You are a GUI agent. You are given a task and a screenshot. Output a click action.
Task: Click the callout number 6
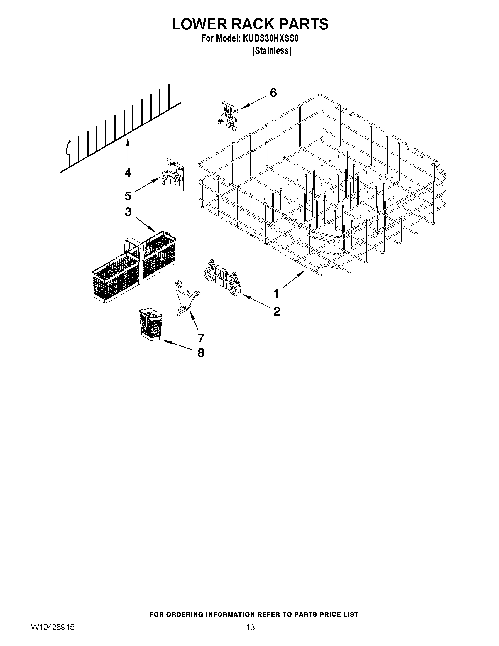(273, 93)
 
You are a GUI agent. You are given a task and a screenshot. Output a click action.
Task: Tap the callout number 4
(128, 173)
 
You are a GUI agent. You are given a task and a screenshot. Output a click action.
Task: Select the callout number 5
(128, 196)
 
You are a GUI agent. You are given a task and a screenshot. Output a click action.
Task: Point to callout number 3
(128, 212)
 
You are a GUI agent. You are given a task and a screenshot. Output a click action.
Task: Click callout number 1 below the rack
(276, 294)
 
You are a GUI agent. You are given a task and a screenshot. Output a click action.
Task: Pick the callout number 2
(277, 311)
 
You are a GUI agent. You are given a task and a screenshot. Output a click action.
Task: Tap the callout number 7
(201, 338)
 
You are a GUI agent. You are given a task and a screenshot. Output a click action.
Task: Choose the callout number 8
(201, 353)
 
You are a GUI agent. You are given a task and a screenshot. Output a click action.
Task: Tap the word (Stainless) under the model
(271, 51)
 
